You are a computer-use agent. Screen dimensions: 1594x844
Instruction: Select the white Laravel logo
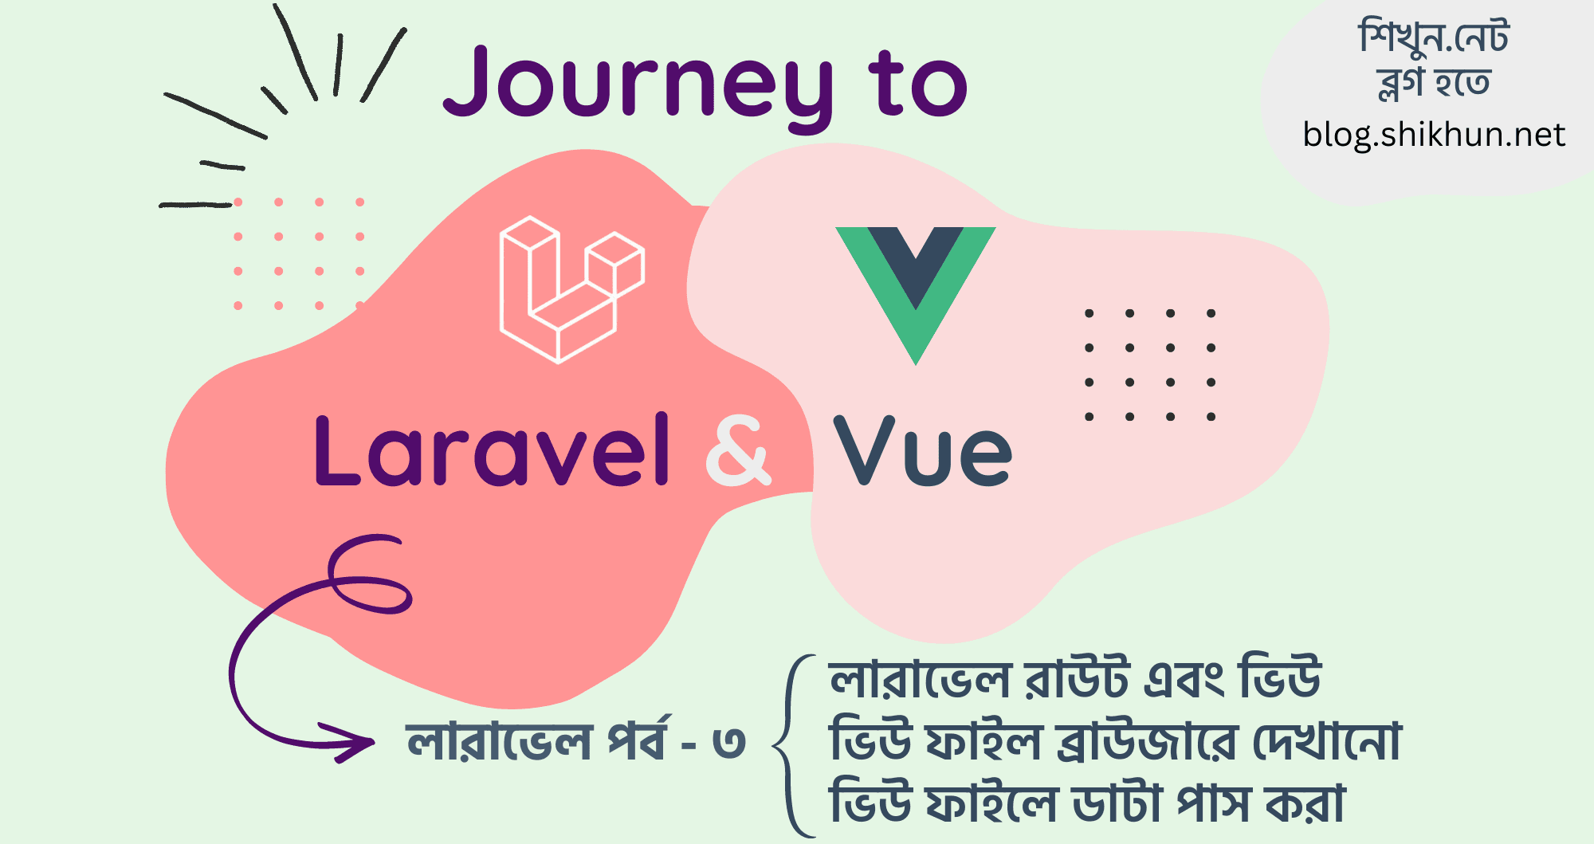pyautogui.click(x=571, y=289)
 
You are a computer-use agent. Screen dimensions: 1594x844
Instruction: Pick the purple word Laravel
pyautogui.click(x=492, y=450)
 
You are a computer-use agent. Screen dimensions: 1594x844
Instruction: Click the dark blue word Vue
pyautogui.click(x=922, y=452)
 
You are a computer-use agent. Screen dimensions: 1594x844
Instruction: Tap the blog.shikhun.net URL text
pyautogui.click(x=1434, y=135)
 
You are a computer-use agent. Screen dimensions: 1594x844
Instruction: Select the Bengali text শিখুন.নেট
pyautogui.click(x=1434, y=37)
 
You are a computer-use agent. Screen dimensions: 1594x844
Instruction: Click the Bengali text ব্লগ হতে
pyautogui.click(x=1434, y=83)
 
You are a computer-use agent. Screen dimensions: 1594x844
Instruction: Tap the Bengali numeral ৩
pyautogui.click(x=728, y=743)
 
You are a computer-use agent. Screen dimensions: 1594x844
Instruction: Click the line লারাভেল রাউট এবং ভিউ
pyautogui.click(x=1075, y=680)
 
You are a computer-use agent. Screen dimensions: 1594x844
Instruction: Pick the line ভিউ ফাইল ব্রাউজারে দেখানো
pyautogui.click(x=1115, y=741)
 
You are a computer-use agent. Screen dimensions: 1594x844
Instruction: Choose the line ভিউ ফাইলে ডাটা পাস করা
pyautogui.click(x=1087, y=803)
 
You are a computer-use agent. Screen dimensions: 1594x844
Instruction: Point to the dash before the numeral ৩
pyautogui.click(x=689, y=746)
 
